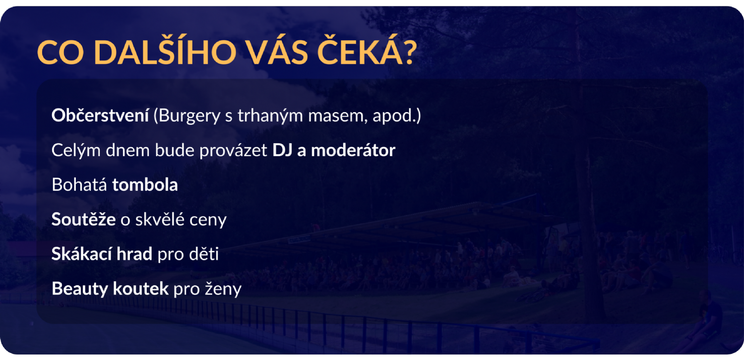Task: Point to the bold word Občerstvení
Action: coord(100,115)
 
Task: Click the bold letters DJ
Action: coord(282,150)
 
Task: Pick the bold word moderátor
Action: coord(353,150)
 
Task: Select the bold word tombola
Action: coord(145,184)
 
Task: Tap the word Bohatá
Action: coord(79,184)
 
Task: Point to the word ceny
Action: coord(208,220)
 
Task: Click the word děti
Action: coord(203,254)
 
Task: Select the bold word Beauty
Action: coord(80,289)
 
